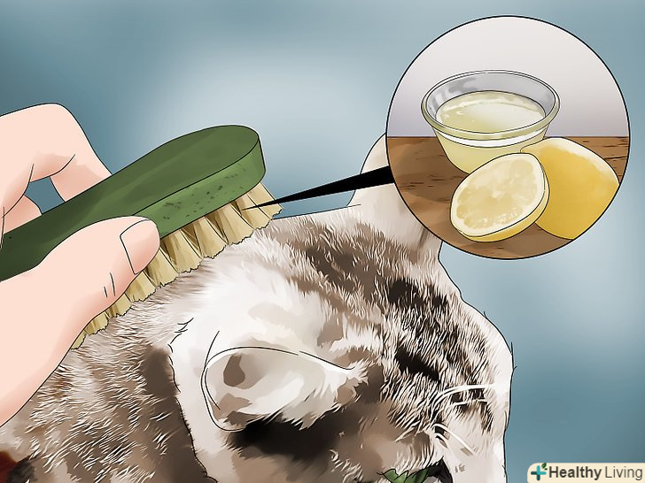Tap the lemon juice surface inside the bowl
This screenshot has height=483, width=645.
click(x=489, y=110)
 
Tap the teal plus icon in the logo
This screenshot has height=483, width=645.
click(x=539, y=472)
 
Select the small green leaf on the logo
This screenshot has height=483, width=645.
click(x=544, y=467)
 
